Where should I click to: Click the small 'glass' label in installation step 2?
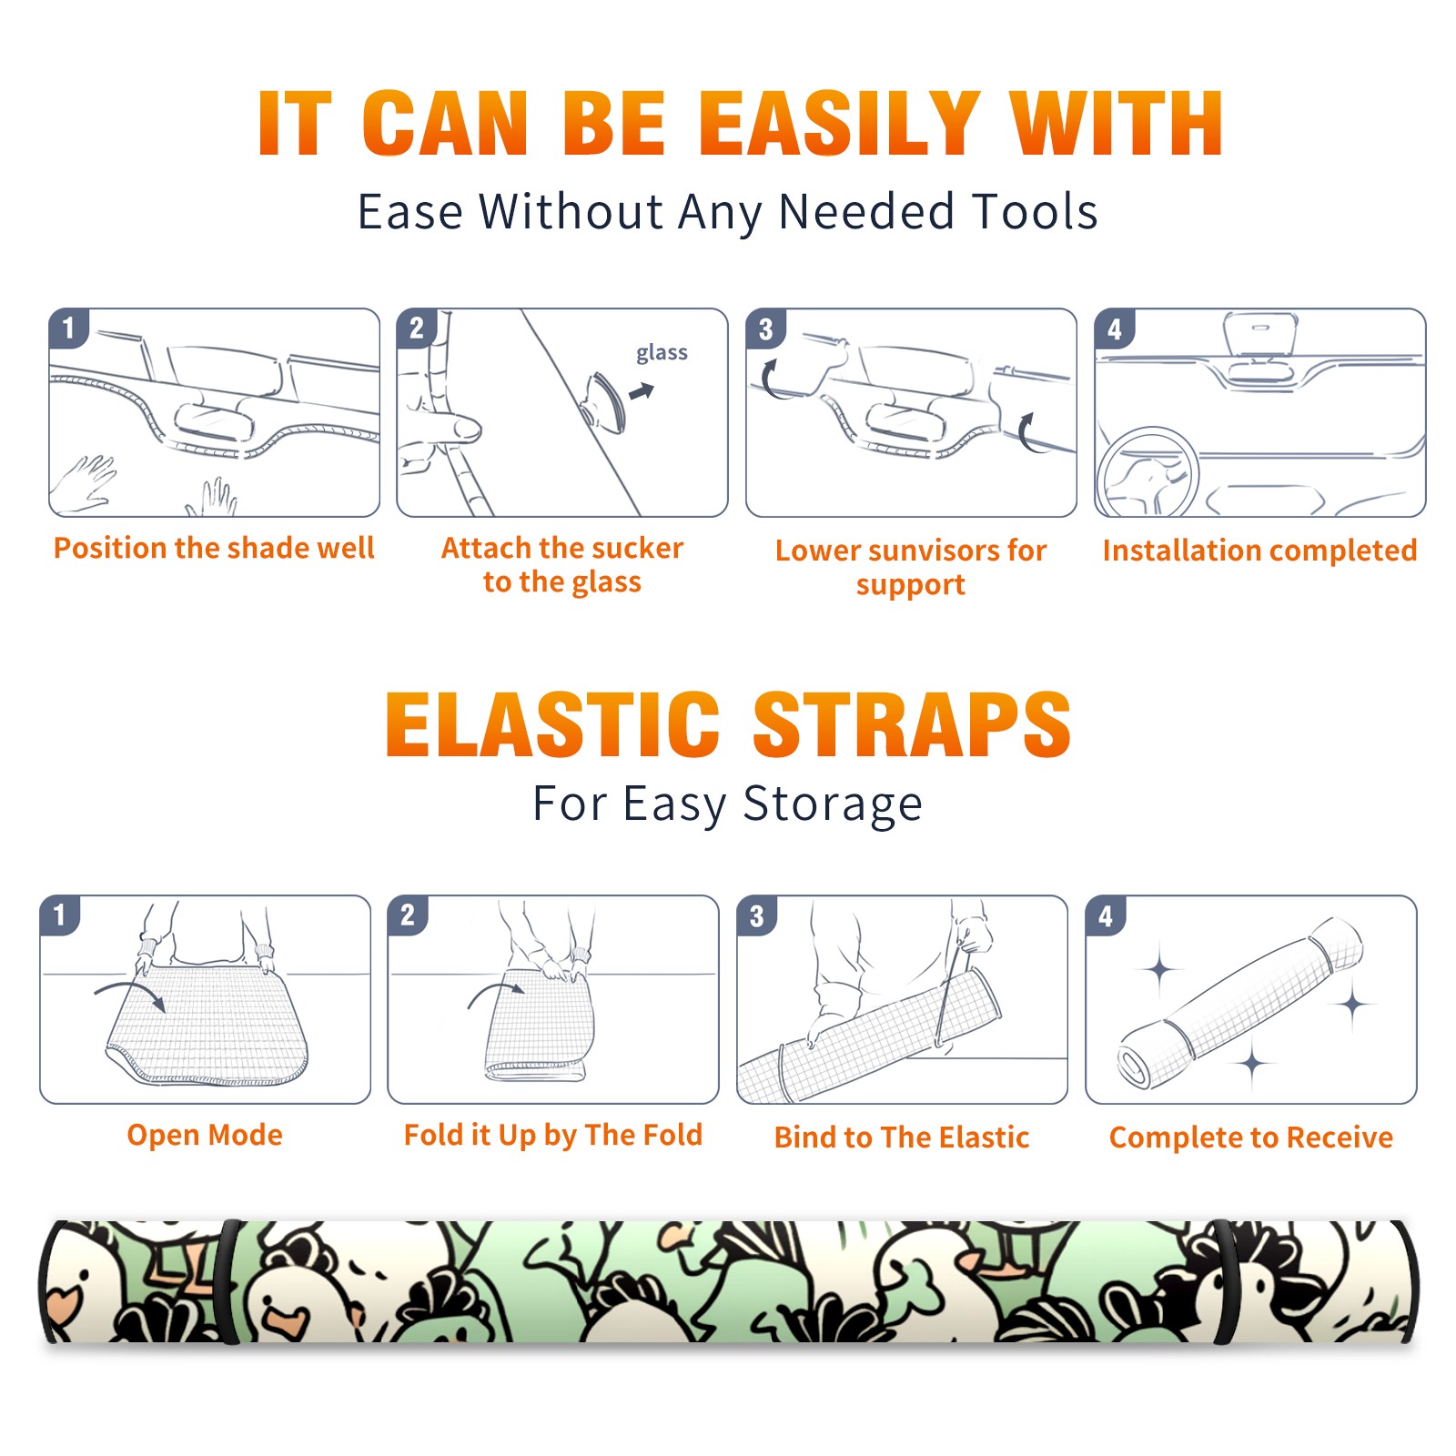pyautogui.click(x=662, y=353)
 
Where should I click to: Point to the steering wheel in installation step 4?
pyautogui.click(x=1147, y=471)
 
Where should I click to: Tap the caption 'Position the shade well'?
pyautogui.click(x=214, y=548)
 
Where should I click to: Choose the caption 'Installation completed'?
pyautogui.click(x=1259, y=551)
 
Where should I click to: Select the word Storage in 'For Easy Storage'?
pyautogui.click(x=833, y=804)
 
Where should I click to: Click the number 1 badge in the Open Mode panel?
pyautogui.click(x=60, y=915)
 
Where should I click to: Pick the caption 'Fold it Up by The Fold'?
pyautogui.click(x=553, y=1135)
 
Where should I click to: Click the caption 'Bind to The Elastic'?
pyautogui.click(x=902, y=1137)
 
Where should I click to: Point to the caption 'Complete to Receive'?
pyautogui.click(x=1251, y=1137)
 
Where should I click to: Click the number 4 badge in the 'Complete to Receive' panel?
pyautogui.click(x=1106, y=915)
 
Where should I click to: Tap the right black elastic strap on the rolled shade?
pyautogui.click(x=1228, y=1281)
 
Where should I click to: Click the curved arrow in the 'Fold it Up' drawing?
pyautogui.click(x=494, y=992)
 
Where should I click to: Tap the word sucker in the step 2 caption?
pyautogui.click(x=637, y=548)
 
